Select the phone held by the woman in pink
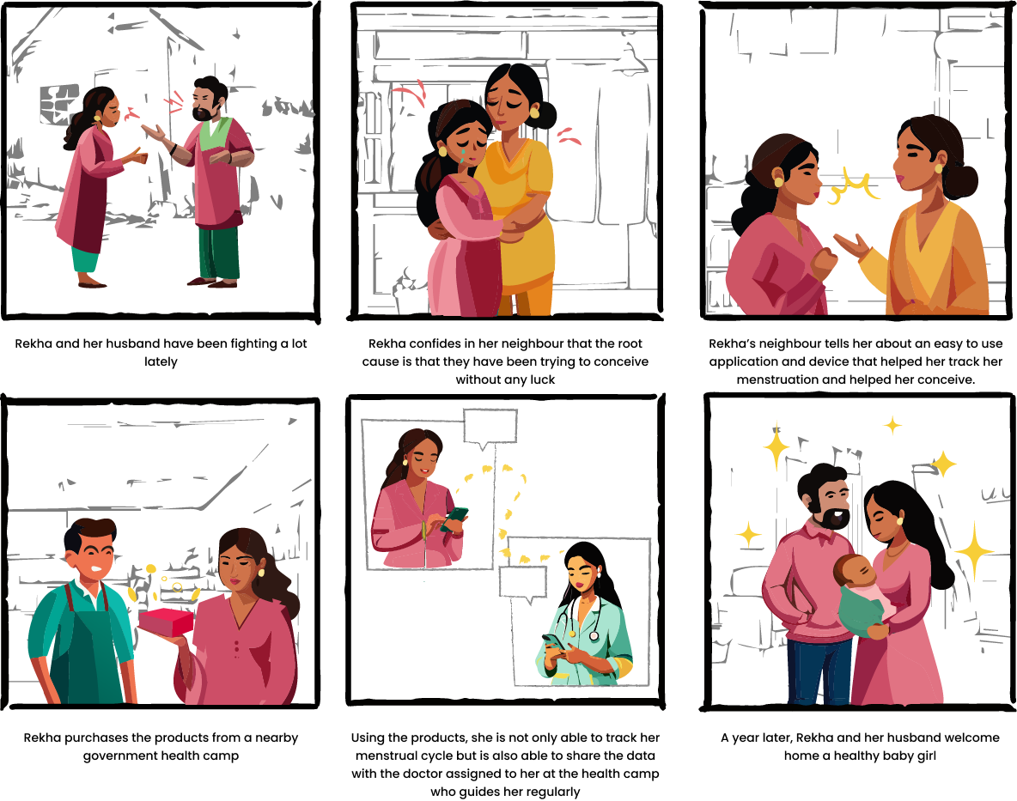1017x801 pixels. pos(454,519)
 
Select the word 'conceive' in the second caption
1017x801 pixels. pos(621,361)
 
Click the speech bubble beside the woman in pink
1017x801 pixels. pos(490,428)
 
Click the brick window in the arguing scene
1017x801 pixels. pos(59,104)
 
